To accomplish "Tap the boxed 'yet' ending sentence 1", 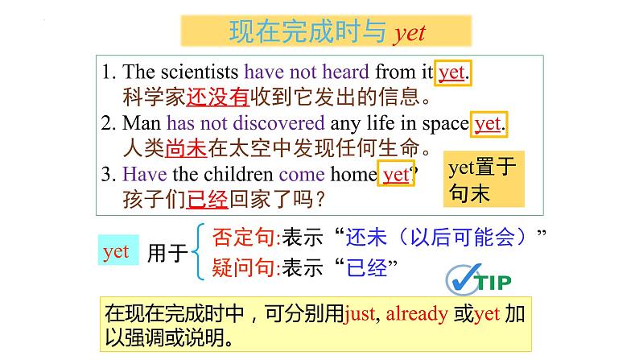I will pyautogui.click(x=451, y=72).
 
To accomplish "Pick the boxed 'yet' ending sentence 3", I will pyautogui.click(x=396, y=174).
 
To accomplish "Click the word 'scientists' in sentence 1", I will pyautogui.click(x=201, y=73).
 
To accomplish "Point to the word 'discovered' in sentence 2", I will pyautogui.click(x=278, y=124).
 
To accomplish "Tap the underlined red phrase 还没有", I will pyautogui.click(x=219, y=98).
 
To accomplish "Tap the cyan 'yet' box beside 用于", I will pyautogui.click(x=116, y=251).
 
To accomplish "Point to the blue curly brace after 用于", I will pyautogui.click(x=199, y=251).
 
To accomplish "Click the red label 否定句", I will pyautogui.click(x=243, y=237).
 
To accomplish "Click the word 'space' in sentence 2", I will pyautogui.click(x=447, y=124).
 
